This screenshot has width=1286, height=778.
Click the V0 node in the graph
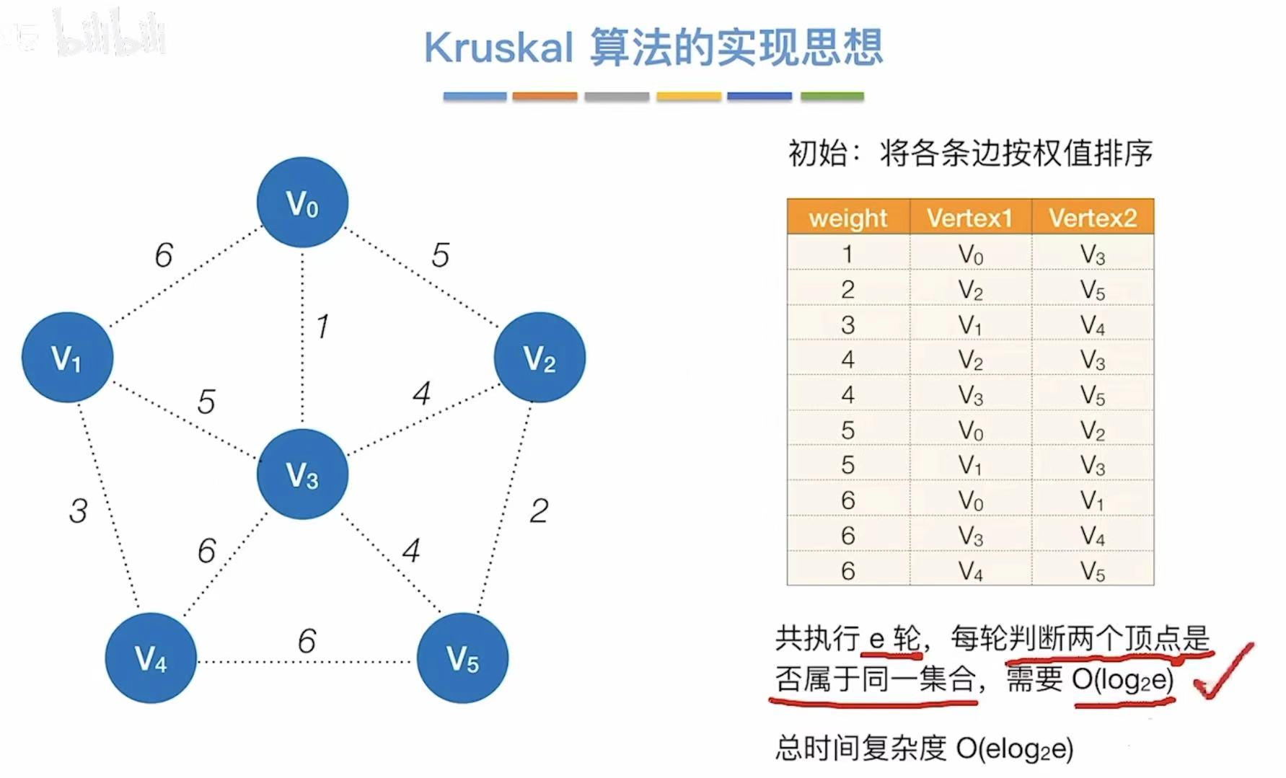pos(302,203)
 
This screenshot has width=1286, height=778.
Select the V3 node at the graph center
pos(302,474)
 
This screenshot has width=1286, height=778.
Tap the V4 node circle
pos(151,658)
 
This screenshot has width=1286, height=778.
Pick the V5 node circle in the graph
pos(462,658)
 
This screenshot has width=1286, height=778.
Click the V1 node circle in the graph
pos(67,357)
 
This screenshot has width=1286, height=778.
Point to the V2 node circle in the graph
pos(539,357)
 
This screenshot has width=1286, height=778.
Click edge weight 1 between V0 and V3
pos(322,327)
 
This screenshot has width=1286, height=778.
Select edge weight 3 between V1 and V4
pos(78,510)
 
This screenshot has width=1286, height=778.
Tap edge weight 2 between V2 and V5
pos(539,510)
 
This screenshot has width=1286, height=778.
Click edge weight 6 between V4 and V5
pos(307,640)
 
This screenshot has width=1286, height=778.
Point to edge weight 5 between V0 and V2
pos(440,255)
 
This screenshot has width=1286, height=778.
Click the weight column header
pos(847,218)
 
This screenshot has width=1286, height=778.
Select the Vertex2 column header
pos(1093,218)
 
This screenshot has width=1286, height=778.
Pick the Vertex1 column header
pos(970,218)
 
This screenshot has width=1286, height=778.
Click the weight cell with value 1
pos(847,254)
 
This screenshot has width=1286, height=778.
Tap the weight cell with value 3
pos(847,324)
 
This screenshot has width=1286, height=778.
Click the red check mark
pos(1224,671)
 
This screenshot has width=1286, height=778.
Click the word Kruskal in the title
pos(498,48)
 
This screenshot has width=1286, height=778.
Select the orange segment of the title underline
pos(545,96)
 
